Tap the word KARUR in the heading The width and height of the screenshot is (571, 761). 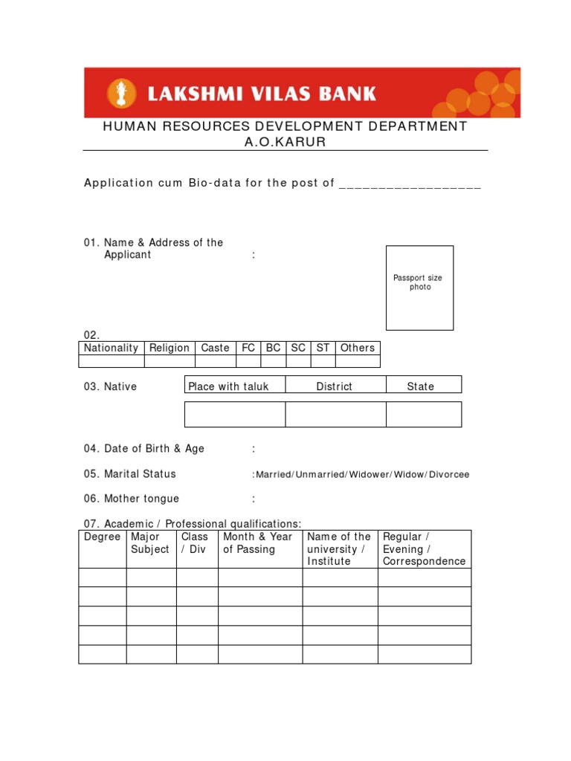click(302, 142)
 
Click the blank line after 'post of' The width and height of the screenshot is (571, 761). click(410, 184)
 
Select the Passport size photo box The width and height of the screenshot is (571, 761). click(419, 288)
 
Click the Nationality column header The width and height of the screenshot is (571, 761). click(112, 348)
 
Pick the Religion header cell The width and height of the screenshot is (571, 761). click(170, 348)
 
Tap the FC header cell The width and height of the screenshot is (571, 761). click(248, 348)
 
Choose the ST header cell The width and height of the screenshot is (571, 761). click(323, 348)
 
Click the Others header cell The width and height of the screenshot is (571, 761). click(358, 348)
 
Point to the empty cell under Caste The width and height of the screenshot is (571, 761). click(216, 361)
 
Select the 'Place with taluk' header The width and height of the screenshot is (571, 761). click(229, 386)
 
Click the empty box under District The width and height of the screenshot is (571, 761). click(335, 415)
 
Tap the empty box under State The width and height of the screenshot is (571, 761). click(424, 415)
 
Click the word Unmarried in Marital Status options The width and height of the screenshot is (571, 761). click(320, 474)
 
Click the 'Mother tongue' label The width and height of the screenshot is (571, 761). click(141, 499)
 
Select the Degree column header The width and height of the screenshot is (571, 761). click(103, 537)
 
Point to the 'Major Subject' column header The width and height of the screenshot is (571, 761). click(150, 543)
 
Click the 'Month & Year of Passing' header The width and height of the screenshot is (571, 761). click(258, 543)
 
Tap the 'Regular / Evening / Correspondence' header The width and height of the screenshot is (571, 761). click(424, 549)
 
